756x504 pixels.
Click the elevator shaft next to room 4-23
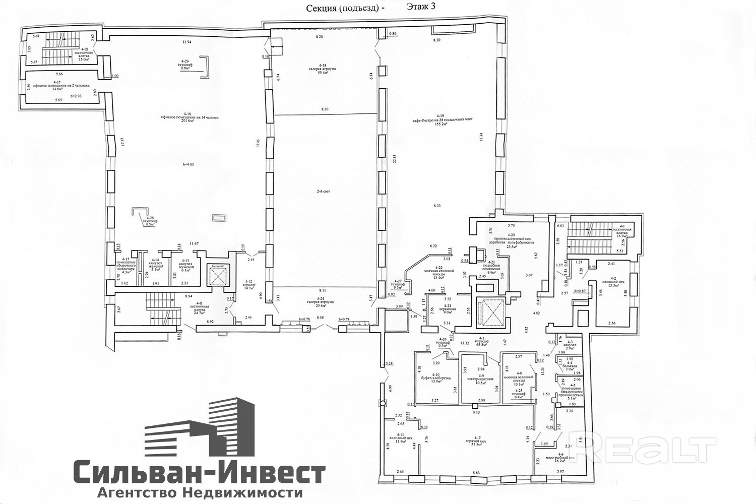tap(488, 312)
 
